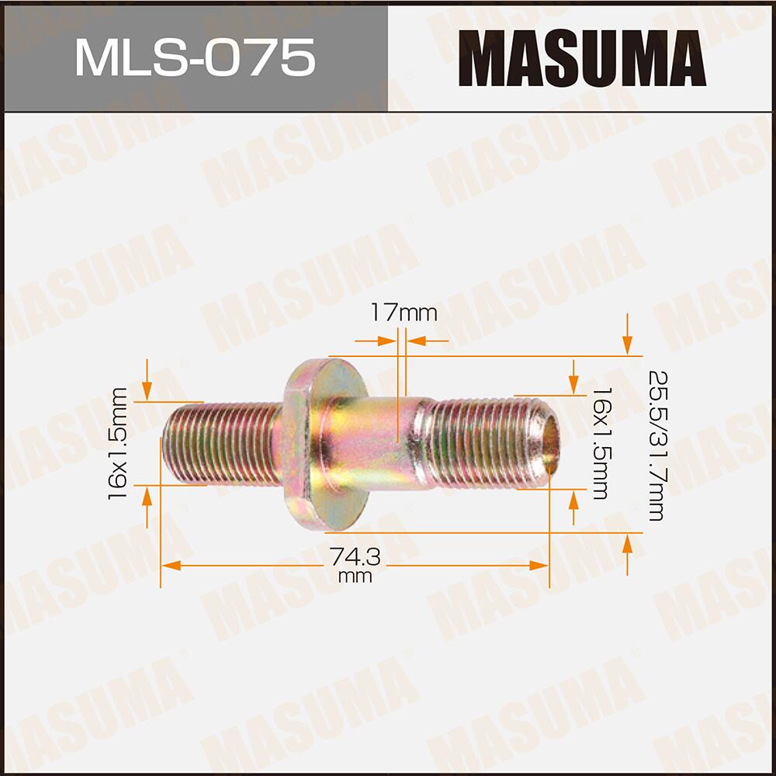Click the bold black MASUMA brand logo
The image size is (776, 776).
[x=581, y=59]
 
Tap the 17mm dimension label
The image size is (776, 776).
[x=404, y=313]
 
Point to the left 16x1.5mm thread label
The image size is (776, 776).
[x=119, y=443]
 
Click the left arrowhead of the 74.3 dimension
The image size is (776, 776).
[x=171, y=566]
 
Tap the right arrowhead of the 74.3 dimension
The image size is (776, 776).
[x=539, y=566]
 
